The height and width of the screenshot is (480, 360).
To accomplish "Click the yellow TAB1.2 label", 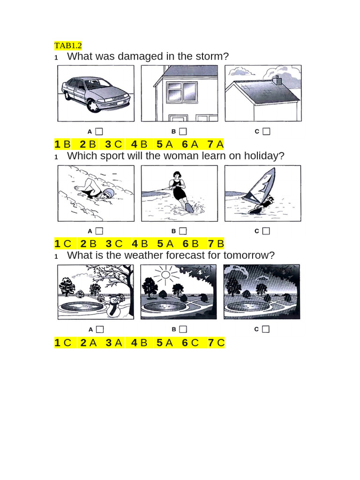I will [x=68, y=45].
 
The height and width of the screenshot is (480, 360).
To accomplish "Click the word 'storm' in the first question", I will [x=213, y=57].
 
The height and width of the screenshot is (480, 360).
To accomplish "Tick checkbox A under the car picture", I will [x=99, y=132].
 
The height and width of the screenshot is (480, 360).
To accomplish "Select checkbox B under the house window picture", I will [x=183, y=132].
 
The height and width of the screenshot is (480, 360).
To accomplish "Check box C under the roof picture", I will [x=266, y=132].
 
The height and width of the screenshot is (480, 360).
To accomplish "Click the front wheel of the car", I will [x=94, y=105].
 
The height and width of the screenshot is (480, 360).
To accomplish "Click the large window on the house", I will [x=182, y=92].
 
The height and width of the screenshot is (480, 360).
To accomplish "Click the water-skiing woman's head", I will [x=177, y=176].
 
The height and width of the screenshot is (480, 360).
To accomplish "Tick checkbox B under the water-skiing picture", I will [x=183, y=231].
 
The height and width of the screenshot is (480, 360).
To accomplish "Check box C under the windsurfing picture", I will [x=266, y=231].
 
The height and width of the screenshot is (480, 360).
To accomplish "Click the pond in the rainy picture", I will [x=246, y=307].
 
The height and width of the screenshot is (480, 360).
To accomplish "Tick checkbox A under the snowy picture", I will [x=99, y=330].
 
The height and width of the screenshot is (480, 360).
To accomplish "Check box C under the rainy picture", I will [x=266, y=330].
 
